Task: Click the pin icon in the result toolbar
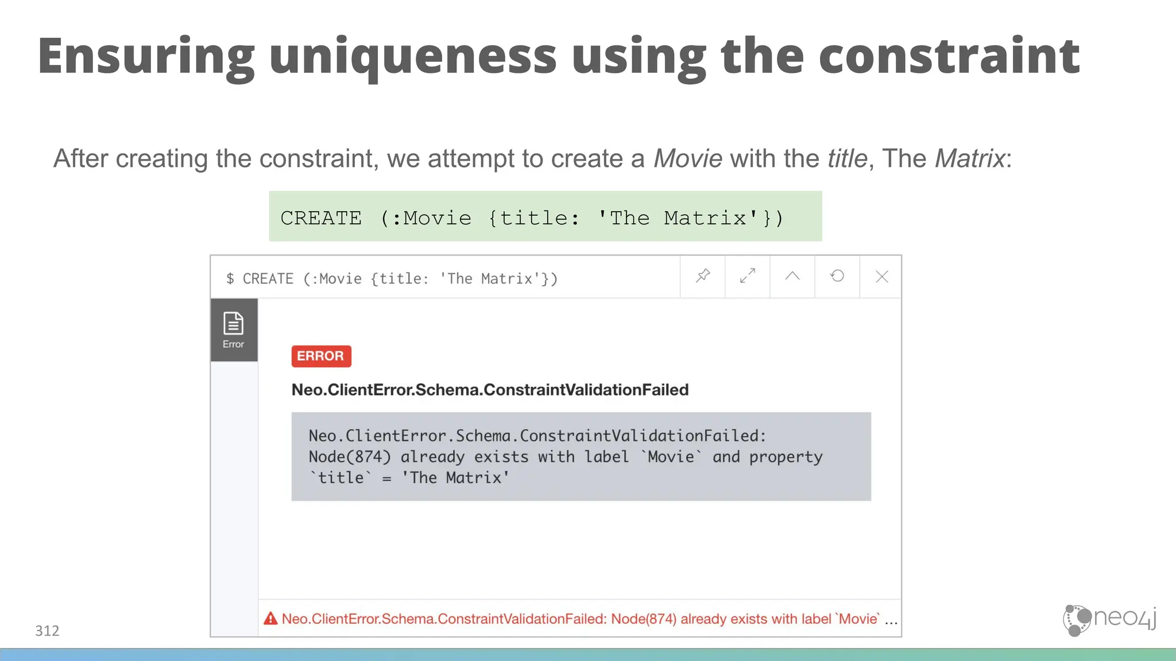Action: pos(703,276)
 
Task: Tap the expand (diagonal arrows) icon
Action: pos(748,276)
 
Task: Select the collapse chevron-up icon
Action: pos(792,276)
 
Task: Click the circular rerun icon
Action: pos(837,276)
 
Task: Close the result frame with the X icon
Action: pos(882,277)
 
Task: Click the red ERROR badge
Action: pos(321,356)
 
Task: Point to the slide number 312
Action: pos(47,631)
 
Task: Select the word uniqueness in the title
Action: pos(413,56)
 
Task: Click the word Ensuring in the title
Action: pos(146,56)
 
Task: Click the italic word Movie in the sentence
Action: pos(687,158)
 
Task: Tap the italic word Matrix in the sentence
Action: pos(970,158)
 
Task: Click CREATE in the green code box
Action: pos(321,218)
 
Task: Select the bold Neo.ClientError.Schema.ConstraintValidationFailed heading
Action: pos(490,390)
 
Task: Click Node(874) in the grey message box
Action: pos(349,457)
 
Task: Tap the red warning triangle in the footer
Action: pos(270,619)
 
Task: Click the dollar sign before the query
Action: pos(230,279)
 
